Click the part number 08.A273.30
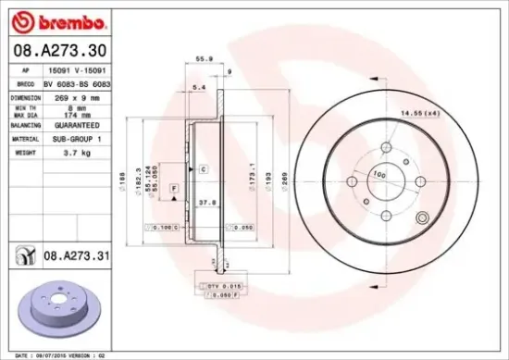pos(57,50)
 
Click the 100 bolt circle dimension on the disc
pos(379,174)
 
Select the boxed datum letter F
pos(172,188)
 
